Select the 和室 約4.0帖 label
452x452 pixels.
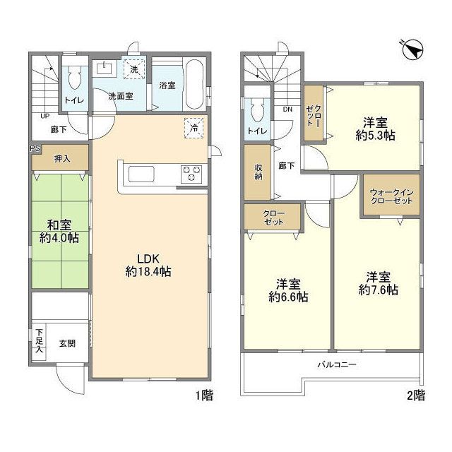click(x=59, y=232)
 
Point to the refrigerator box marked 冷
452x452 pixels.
click(x=193, y=127)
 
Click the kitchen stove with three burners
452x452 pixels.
click(x=191, y=173)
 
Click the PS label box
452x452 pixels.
click(x=34, y=149)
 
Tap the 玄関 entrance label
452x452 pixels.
click(x=67, y=344)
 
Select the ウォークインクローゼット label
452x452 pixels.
click(x=390, y=196)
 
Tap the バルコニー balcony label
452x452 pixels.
click(x=336, y=365)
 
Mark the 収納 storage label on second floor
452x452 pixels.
click(x=259, y=172)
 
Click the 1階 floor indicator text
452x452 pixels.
click(x=203, y=395)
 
